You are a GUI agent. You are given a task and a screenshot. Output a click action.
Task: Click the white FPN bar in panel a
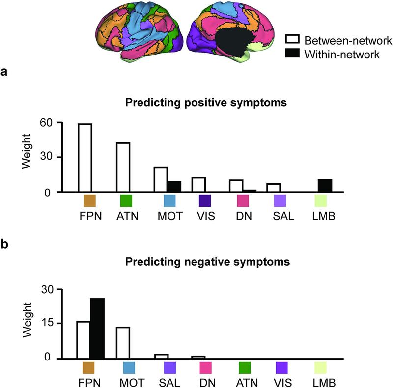(85, 158)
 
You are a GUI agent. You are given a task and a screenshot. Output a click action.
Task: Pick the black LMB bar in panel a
(325, 186)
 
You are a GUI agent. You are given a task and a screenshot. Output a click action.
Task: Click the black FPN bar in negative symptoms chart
(97, 328)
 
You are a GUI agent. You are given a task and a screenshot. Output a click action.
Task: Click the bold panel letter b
(4, 245)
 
